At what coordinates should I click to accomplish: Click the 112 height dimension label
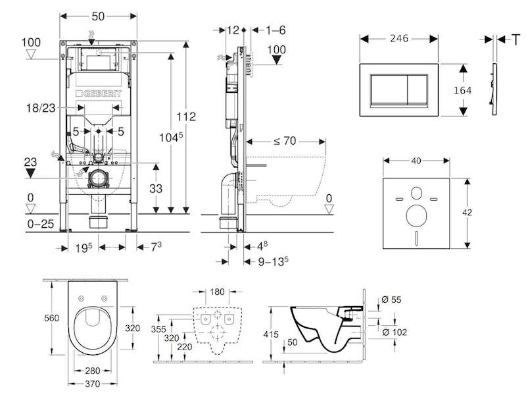click(187, 117)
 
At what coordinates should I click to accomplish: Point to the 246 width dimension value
click(398, 38)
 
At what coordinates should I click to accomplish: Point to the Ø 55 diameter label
click(392, 299)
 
